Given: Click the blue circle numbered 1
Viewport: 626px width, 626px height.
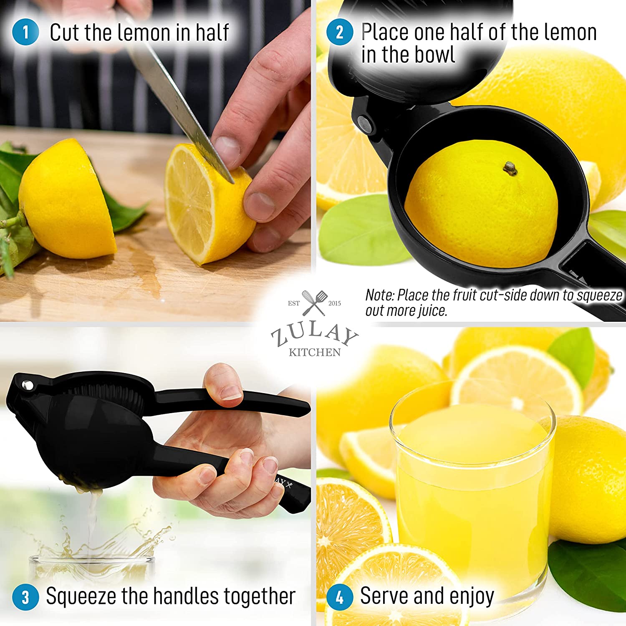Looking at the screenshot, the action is point(25,32).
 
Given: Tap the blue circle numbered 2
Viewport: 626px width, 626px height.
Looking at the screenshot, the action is point(340,32).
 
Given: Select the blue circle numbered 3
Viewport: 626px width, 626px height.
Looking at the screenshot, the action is point(25,597).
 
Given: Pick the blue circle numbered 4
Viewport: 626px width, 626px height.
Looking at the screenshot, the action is point(340,597).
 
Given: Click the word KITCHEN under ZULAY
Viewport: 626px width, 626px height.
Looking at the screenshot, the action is point(315,353).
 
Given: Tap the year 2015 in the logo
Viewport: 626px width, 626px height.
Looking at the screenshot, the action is point(335,303).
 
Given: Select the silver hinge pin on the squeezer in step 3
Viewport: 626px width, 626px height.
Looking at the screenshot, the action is point(28,385).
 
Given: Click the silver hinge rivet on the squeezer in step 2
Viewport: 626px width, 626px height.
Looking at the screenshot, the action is point(366,124).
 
